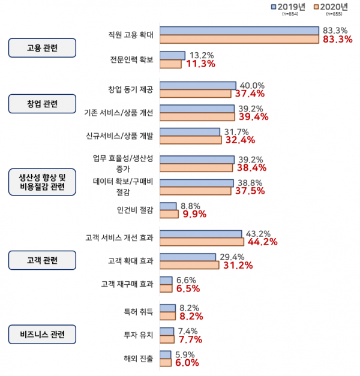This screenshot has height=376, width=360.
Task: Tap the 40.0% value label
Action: click(x=252, y=85)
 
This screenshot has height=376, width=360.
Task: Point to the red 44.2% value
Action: click(x=262, y=242)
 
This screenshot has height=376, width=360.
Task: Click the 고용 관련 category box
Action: click(x=42, y=47)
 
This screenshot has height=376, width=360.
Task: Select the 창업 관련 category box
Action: click(x=42, y=103)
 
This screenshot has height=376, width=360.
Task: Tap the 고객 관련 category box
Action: click(x=42, y=260)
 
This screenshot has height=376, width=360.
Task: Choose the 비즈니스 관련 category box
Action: click(x=42, y=334)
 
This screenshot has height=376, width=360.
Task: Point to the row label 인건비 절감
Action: click(x=135, y=210)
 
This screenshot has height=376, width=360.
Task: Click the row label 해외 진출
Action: click(x=138, y=359)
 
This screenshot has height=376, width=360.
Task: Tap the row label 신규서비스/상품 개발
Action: click(x=120, y=136)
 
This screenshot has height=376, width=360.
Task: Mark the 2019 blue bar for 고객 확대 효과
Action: click(x=188, y=257)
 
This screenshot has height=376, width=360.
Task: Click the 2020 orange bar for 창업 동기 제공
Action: click(x=196, y=94)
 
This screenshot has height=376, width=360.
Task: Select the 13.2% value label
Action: click(x=202, y=55)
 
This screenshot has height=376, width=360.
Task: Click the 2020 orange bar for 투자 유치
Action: click(x=167, y=339)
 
